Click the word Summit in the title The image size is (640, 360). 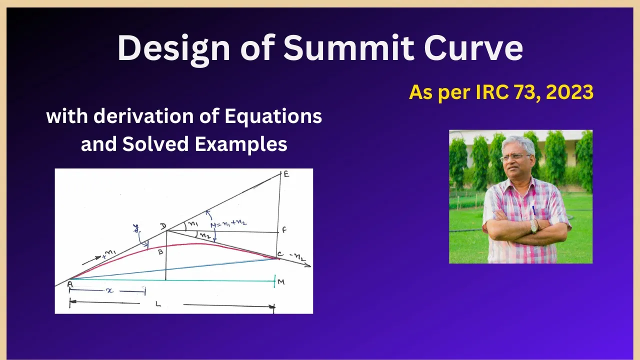(349, 47)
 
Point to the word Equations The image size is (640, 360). (273, 117)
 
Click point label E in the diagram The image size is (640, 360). (286, 173)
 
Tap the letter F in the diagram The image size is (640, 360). (284, 229)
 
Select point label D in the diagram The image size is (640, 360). (163, 226)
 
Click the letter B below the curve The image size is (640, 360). (160, 252)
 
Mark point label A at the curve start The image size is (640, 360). (69, 284)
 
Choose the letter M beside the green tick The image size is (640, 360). (281, 282)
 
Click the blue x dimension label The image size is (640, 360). (109, 291)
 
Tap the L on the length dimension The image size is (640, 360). (158, 304)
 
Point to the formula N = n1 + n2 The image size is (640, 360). (228, 223)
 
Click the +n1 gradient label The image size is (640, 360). (109, 254)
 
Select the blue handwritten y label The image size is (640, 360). (136, 228)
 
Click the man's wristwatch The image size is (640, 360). (533, 226)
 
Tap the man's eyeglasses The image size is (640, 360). (514, 157)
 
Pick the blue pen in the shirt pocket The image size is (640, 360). (533, 210)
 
